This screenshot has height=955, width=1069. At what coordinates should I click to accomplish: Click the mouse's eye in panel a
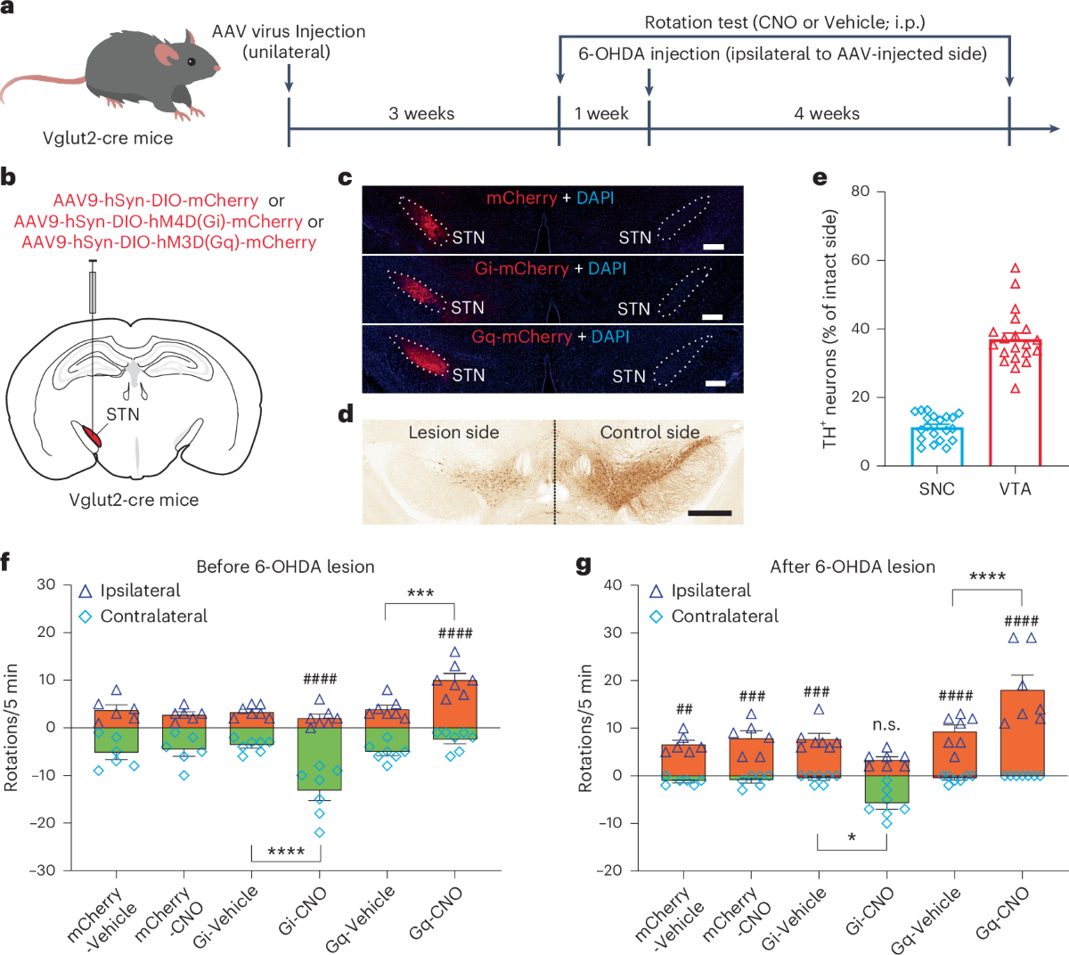point(191,61)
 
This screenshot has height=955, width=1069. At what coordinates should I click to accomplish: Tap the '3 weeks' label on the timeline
point(421,114)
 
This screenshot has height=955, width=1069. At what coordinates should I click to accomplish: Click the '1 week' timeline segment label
point(601,114)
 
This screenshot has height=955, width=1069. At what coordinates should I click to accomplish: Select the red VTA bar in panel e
point(1015,401)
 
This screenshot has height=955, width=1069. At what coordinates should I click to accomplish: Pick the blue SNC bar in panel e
point(936,446)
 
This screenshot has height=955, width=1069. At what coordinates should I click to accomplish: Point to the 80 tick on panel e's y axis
point(860,192)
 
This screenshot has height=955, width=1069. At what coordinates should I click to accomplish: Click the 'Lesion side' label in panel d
point(453,433)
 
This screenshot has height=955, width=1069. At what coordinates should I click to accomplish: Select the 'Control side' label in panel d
point(649,433)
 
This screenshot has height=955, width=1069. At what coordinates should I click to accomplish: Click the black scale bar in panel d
point(710,513)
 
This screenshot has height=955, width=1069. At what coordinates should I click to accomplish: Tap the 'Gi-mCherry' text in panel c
point(521,268)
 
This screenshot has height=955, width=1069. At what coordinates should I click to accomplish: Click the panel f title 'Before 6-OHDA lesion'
point(285,567)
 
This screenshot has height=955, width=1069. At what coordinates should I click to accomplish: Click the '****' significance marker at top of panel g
point(987,577)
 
